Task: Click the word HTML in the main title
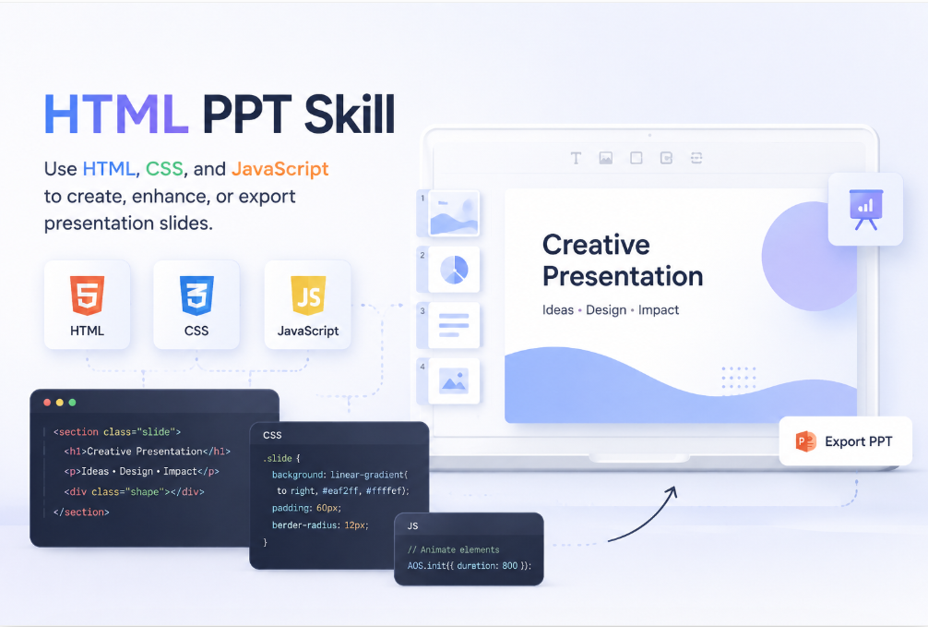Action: pos(116,114)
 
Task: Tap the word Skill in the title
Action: pos(350,114)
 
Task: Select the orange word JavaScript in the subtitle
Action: pos(280,170)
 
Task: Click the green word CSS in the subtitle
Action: pos(164,169)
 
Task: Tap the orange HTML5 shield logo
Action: pos(87,295)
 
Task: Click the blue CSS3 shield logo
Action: pos(196,295)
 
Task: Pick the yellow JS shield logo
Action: pos(308,295)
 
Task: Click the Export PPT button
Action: pos(845,441)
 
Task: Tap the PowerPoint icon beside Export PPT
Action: pos(806,441)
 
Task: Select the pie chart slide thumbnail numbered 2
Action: pos(454,270)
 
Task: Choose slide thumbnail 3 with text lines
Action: pos(454,325)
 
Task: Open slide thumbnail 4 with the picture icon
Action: pos(454,381)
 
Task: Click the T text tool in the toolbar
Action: pos(576,158)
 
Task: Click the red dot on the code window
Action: pos(47,403)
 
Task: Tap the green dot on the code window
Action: pos(72,403)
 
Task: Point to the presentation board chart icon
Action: pos(866,210)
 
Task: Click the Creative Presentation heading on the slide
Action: pos(623,260)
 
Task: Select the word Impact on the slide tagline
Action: pos(659,310)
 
